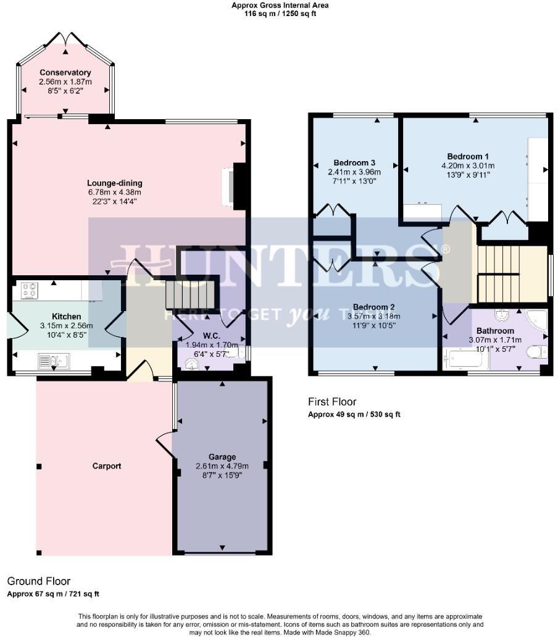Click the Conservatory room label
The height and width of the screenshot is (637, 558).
pyautogui.click(x=65, y=73)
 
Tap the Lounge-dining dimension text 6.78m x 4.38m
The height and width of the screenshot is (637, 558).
pyautogui.click(x=114, y=193)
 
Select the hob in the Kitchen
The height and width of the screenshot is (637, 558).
pyautogui.click(x=30, y=289)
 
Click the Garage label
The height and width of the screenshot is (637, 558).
pyautogui.click(x=222, y=457)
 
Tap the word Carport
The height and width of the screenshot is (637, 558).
pyautogui.click(x=107, y=466)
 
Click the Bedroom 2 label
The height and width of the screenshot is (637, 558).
pyautogui.click(x=373, y=307)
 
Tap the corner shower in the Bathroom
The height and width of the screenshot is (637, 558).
pyautogui.click(x=535, y=322)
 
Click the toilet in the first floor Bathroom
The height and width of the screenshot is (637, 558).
pyautogui.click(x=537, y=352)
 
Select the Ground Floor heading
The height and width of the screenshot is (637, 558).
pyautogui.click(x=38, y=581)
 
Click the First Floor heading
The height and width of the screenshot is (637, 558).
pyautogui.click(x=332, y=402)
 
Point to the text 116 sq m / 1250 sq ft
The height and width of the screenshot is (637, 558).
pyautogui.click(x=280, y=14)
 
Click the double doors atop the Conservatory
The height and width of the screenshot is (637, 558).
pyautogui.click(x=65, y=38)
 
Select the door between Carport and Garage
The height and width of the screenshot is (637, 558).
pyautogui.click(x=165, y=441)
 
